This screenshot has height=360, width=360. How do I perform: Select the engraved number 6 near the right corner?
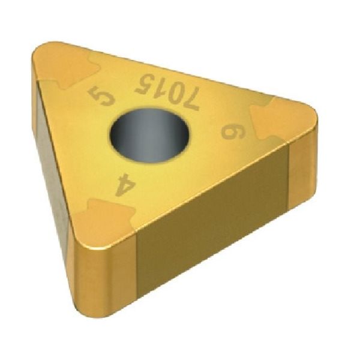(230, 130)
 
